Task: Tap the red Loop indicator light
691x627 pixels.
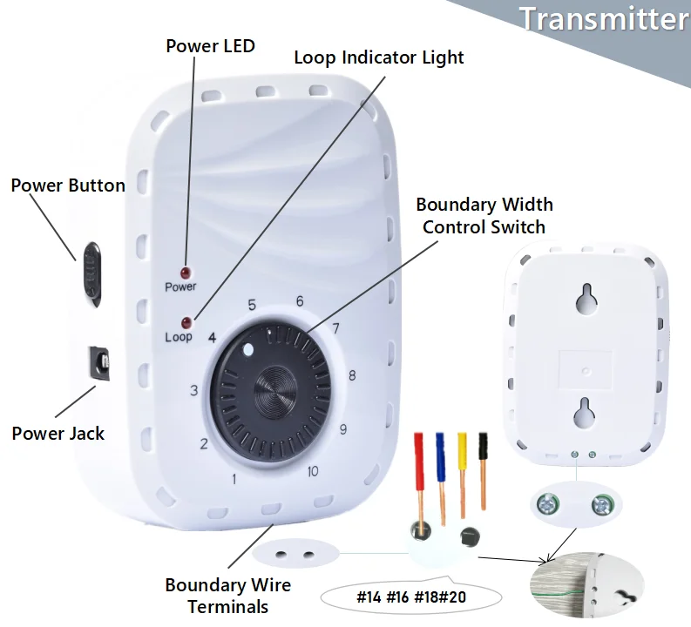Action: [185, 321]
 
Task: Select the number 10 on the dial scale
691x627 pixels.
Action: [312, 472]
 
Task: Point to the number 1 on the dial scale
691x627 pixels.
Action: [234, 478]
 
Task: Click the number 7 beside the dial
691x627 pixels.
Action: [335, 328]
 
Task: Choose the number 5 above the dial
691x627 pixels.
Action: [252, 305]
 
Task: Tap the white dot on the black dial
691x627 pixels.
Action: [248, 352]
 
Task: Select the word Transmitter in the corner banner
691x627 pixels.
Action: [603, 19]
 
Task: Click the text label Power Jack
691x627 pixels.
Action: [58, 433]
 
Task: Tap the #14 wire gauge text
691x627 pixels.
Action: [371, 598]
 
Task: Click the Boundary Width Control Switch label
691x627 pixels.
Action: [484, 216]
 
